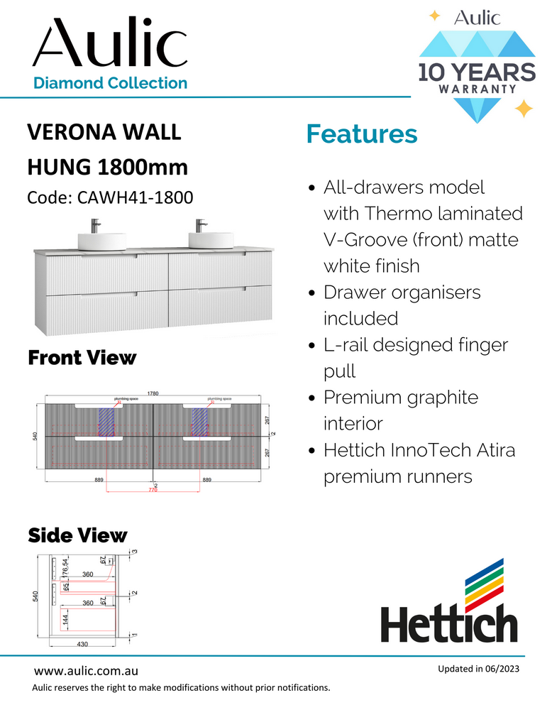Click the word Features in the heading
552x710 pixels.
click(361, 133)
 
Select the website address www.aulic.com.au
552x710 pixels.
click(86, 671)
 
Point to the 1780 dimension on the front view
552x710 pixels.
click(153, 393)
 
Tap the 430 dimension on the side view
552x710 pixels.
click(82, 643)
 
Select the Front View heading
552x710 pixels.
click(81, 357)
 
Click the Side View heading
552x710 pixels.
click(77, 535)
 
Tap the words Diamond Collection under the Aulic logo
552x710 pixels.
click(111, 83)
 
